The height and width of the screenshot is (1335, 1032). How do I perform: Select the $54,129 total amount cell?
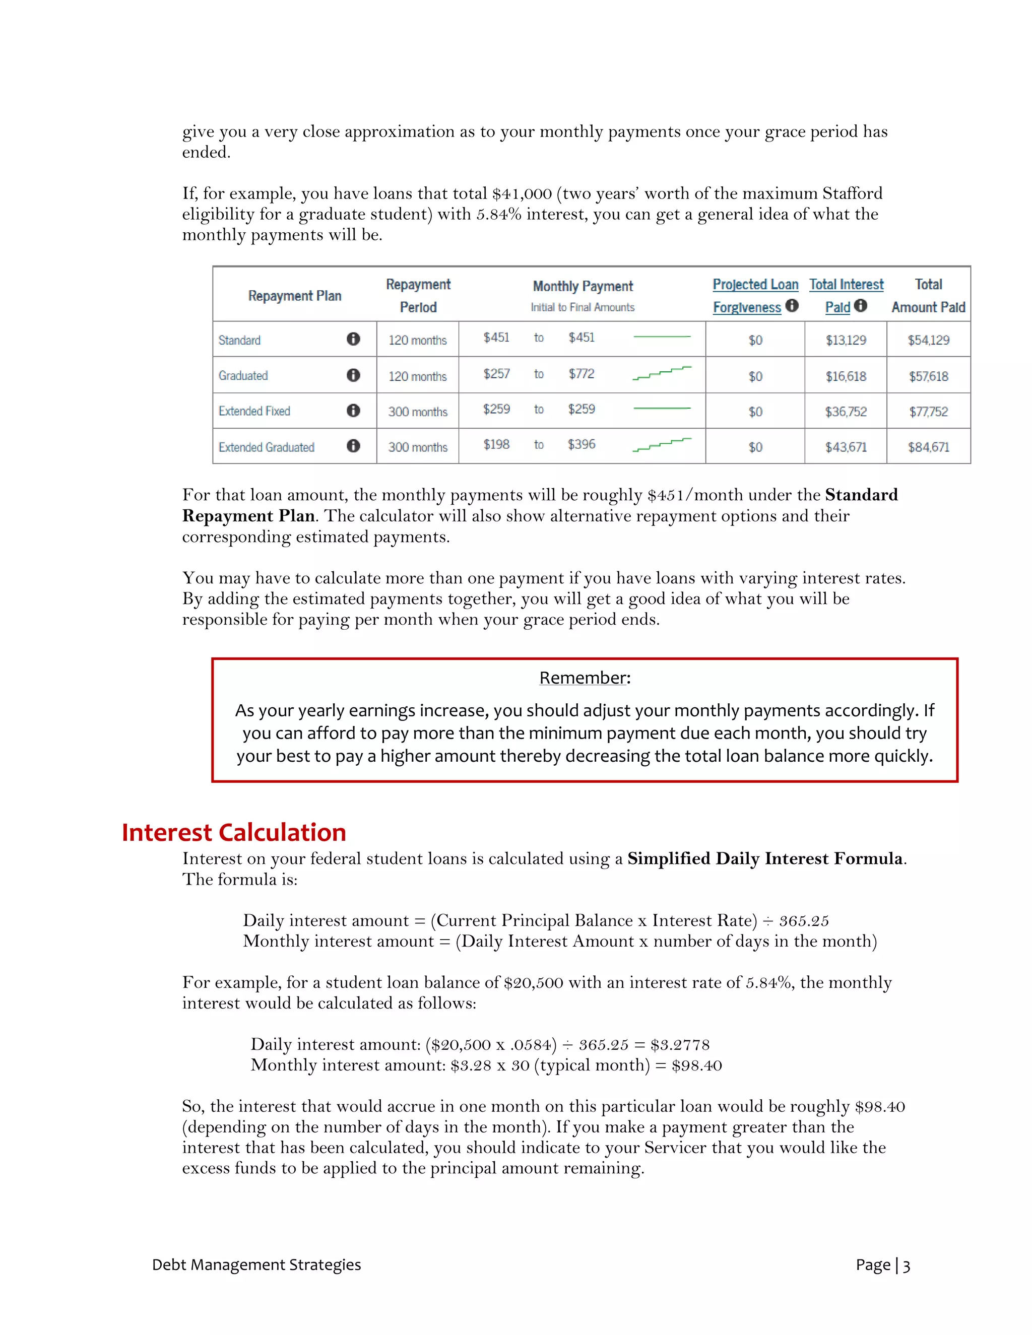pyautogui.click(x=928, y=341)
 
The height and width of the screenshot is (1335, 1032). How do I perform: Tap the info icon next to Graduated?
pyautogui.click(x=353, y=375)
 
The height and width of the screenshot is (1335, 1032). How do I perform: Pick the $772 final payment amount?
pyautogui.click(x=581, y=373)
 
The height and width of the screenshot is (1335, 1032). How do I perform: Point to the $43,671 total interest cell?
pyautogui.click(x=846, y=447)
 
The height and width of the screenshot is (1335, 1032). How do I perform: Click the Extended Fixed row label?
pyautogui.click(x=254, y=412)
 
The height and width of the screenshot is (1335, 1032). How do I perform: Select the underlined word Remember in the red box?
pyautogui.click(x=583, y=678)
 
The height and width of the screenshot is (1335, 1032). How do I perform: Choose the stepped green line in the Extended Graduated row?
pyautogui.click(x=662, y=444)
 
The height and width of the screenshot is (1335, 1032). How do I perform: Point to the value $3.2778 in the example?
pyautogui.click(x=680, y=1045)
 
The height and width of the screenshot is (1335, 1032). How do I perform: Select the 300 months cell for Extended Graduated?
pyautogui.click(x=418, y=447)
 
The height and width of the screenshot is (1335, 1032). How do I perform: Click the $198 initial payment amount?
pyautogui.click(x=496, y=444)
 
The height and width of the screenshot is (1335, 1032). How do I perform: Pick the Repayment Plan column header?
pyautogui.click(x=295, y=296)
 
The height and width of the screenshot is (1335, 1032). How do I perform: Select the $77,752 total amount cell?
pyautogui.click(x=928, y=412)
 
